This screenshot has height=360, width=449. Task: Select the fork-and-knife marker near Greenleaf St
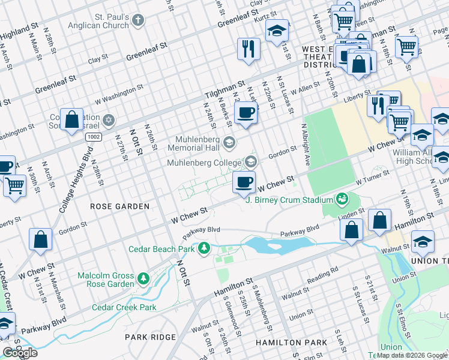coord(248,49)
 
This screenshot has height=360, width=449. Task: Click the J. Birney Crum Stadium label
coord(289,199)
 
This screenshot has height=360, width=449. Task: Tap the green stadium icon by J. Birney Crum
coord(342,198)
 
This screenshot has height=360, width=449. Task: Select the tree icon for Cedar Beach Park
coord(205,248)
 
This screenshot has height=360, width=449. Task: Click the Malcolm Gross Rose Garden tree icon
coord(143,278)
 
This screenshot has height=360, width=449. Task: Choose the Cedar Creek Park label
coord(124,307)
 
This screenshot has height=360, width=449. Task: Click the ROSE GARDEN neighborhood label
coord(119,206)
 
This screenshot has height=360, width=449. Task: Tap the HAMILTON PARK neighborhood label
coord(291,342)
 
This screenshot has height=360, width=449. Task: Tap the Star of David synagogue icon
coord(108,121)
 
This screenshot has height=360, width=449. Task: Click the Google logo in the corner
coord(20,353)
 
